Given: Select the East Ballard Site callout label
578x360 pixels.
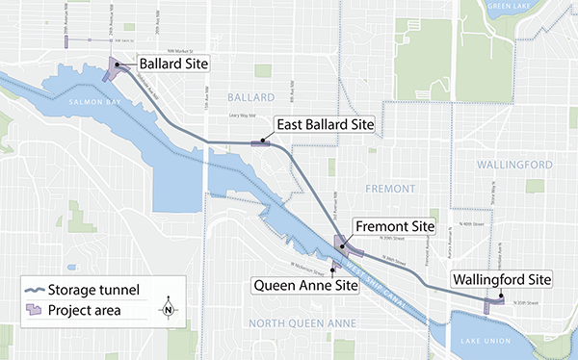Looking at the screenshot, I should [324, 125].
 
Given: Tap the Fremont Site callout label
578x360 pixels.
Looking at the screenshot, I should [394, 227].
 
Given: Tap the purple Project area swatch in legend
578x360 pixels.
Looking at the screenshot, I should [36, 310].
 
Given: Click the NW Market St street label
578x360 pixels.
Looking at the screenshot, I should [178, 55].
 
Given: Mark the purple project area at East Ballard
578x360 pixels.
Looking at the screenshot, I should [261, 143].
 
